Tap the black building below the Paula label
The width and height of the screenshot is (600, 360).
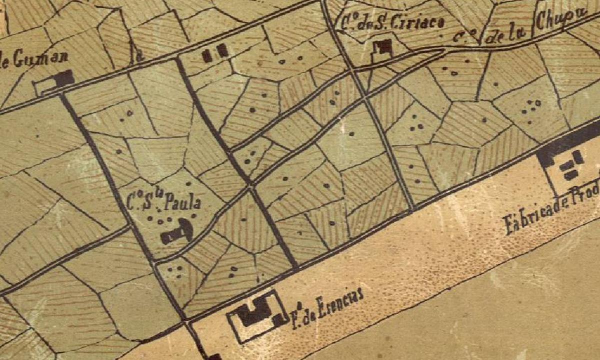[176, 232]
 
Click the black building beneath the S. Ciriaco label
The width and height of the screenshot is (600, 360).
[383, 48]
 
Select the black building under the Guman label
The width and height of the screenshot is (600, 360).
[64, 78]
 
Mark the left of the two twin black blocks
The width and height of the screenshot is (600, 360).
[207, 55]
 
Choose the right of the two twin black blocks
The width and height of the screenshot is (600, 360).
[222, 50]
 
